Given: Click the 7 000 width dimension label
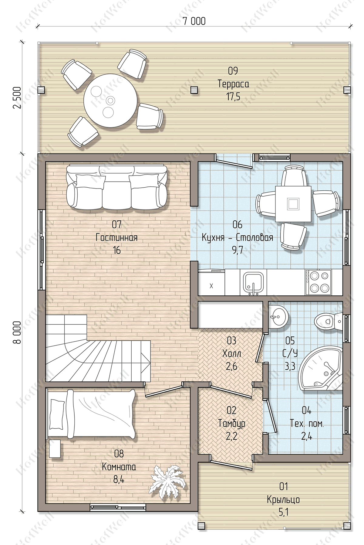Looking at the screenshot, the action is [194, 21].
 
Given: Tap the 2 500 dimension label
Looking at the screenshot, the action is [17, 98].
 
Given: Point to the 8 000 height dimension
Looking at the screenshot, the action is [17, 332].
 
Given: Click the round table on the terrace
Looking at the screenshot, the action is [111, 100].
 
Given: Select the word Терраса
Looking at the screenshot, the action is [233, 83].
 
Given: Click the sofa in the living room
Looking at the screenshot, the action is [116, 187].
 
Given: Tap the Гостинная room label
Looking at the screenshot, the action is [117, 237].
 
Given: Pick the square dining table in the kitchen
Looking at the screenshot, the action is [293, 204].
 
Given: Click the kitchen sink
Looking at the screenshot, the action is [252, 283].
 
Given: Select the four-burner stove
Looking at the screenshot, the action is [318, 282].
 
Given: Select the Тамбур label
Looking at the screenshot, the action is [232, 423].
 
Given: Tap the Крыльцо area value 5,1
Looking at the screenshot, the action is [283, 513].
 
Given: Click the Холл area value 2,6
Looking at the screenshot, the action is [231, 366].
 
